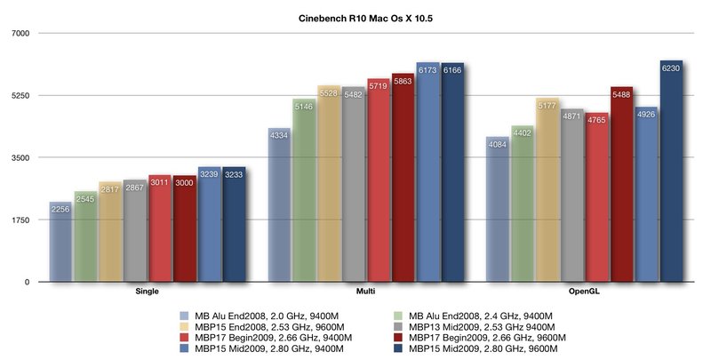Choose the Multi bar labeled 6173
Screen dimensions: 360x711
pos(428,172)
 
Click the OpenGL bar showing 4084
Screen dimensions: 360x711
pos(497,210)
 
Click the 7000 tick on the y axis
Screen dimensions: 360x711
pos(20,33)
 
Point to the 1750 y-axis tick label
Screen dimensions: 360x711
pos(20,220)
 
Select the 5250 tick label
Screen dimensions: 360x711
pos(20,95)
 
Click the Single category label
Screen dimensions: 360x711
pos(147,290)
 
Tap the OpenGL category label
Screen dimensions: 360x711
pos(584,290)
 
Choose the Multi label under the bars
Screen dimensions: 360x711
pos(365,290)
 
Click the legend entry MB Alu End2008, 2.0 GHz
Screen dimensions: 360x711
pos(258,315)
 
